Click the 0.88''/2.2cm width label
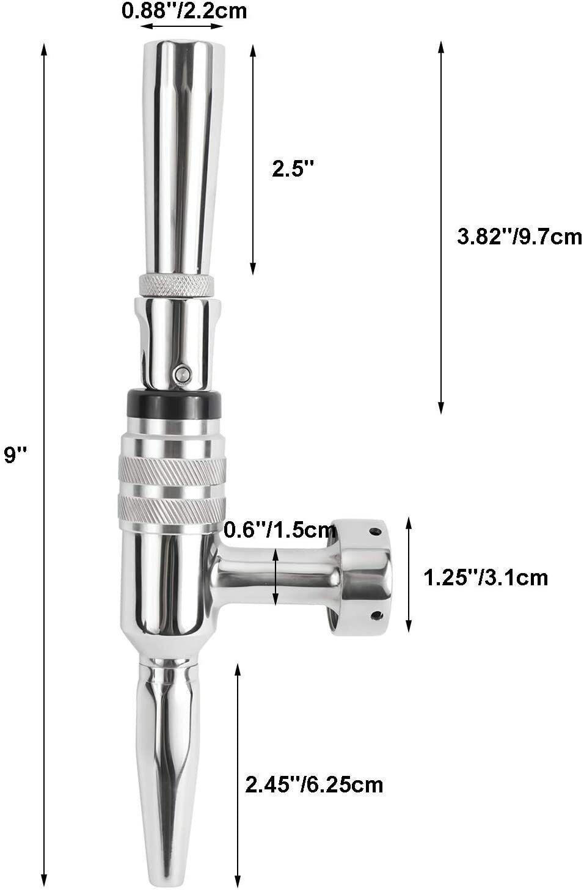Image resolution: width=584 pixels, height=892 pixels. [184, 10]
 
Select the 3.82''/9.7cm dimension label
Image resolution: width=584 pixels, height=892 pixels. [519, 236]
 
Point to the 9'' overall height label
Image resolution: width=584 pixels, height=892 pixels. [16, 455]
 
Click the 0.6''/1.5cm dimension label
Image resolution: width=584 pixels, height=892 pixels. [280, 530]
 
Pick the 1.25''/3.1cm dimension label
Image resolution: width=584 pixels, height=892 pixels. [486, 577]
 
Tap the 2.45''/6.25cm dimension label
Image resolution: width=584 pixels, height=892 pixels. [314, 784]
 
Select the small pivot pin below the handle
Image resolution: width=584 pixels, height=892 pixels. [181, 373]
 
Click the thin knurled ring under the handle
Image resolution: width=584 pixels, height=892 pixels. [177, 284]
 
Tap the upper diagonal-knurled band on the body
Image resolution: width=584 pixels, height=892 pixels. [173, 470]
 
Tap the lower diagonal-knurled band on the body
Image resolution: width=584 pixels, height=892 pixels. [173, 506]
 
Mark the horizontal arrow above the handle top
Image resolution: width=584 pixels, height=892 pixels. [184, 26]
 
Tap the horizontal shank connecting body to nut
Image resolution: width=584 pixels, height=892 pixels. [275, 578]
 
